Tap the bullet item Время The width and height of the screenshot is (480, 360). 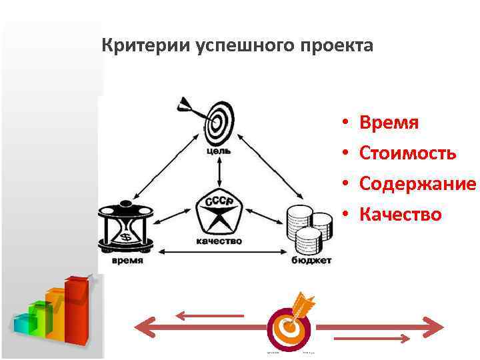(x=389, y=123)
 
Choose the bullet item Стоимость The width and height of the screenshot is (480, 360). (x=407, y=153)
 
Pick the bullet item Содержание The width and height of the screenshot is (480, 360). (x=417, y=183)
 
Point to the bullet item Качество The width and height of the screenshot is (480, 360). (x=400, y=214)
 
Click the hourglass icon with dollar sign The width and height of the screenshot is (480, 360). (x=126, y=227)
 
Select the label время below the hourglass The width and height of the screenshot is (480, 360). (x=127, y=261)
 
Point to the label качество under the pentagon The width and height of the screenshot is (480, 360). (x=219, y=241)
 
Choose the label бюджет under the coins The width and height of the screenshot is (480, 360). (x=311, y=261)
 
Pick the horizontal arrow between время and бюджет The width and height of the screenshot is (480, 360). (x=219, y=251)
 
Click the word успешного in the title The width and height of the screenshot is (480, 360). (x=237, y=47)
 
